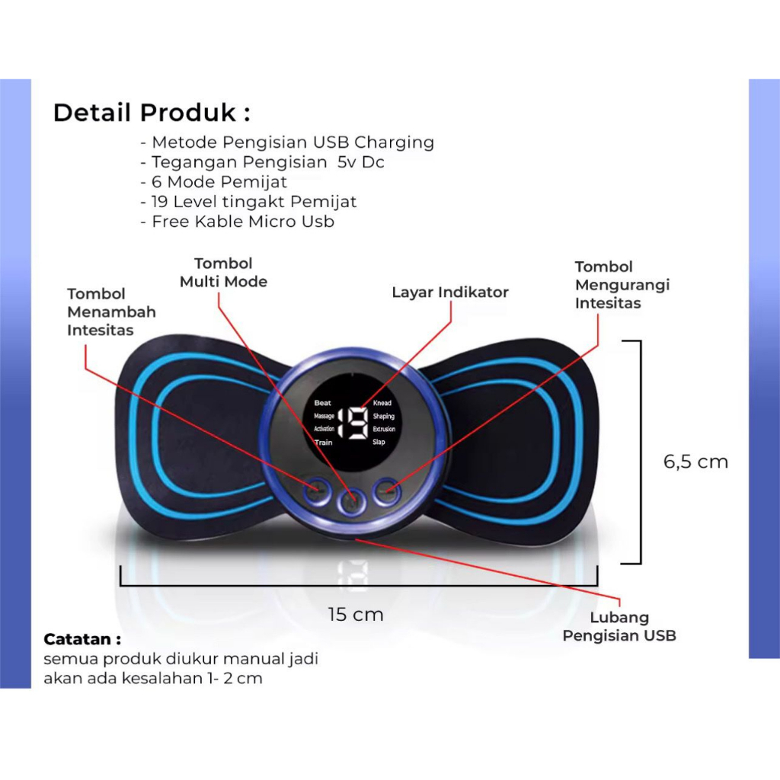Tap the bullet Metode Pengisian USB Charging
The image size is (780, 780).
287,142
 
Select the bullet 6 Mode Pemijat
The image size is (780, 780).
213,182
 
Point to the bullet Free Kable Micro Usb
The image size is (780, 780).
238,222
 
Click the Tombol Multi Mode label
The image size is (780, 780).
223,273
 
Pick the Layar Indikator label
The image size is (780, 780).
450,292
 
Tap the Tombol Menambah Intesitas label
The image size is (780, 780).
111,312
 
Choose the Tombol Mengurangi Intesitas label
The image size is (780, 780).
622,285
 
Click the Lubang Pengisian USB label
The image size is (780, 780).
619,626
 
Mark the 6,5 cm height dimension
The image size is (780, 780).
695,462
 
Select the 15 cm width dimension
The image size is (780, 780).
356,615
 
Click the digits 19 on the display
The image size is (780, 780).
353,423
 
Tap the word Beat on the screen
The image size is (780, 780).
322,403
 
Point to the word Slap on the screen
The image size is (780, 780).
379,442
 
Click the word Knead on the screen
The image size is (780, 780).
382,403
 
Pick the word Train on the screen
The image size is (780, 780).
323,443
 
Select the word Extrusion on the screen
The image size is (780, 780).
384,429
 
